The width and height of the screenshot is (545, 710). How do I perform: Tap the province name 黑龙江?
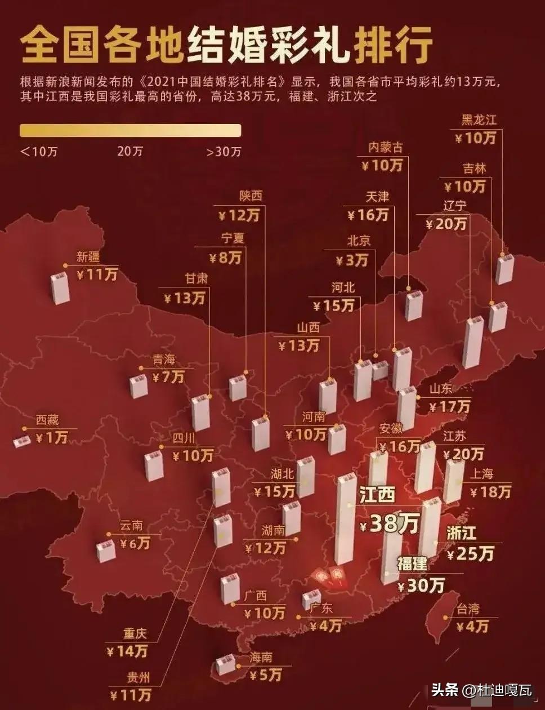click(479, 119)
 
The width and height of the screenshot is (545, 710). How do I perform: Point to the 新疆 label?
click(88, 258)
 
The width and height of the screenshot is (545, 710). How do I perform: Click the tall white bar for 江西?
click(345, 518)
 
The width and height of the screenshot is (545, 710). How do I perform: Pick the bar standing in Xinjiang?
click(60, 287)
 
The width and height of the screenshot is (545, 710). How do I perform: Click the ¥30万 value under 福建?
click(421, 585)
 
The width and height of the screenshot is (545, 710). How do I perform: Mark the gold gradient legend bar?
click(131, 130)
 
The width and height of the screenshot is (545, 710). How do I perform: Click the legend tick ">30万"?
click(224, 152)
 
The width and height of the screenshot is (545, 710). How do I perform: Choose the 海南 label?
click(261, 657)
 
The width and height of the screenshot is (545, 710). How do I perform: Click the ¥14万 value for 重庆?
click(128, 651)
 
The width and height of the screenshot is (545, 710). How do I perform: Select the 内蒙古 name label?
click(386, 148)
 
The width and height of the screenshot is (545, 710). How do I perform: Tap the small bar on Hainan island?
click(226, 664)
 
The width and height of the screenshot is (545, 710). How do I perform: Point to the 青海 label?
click(165, 360)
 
